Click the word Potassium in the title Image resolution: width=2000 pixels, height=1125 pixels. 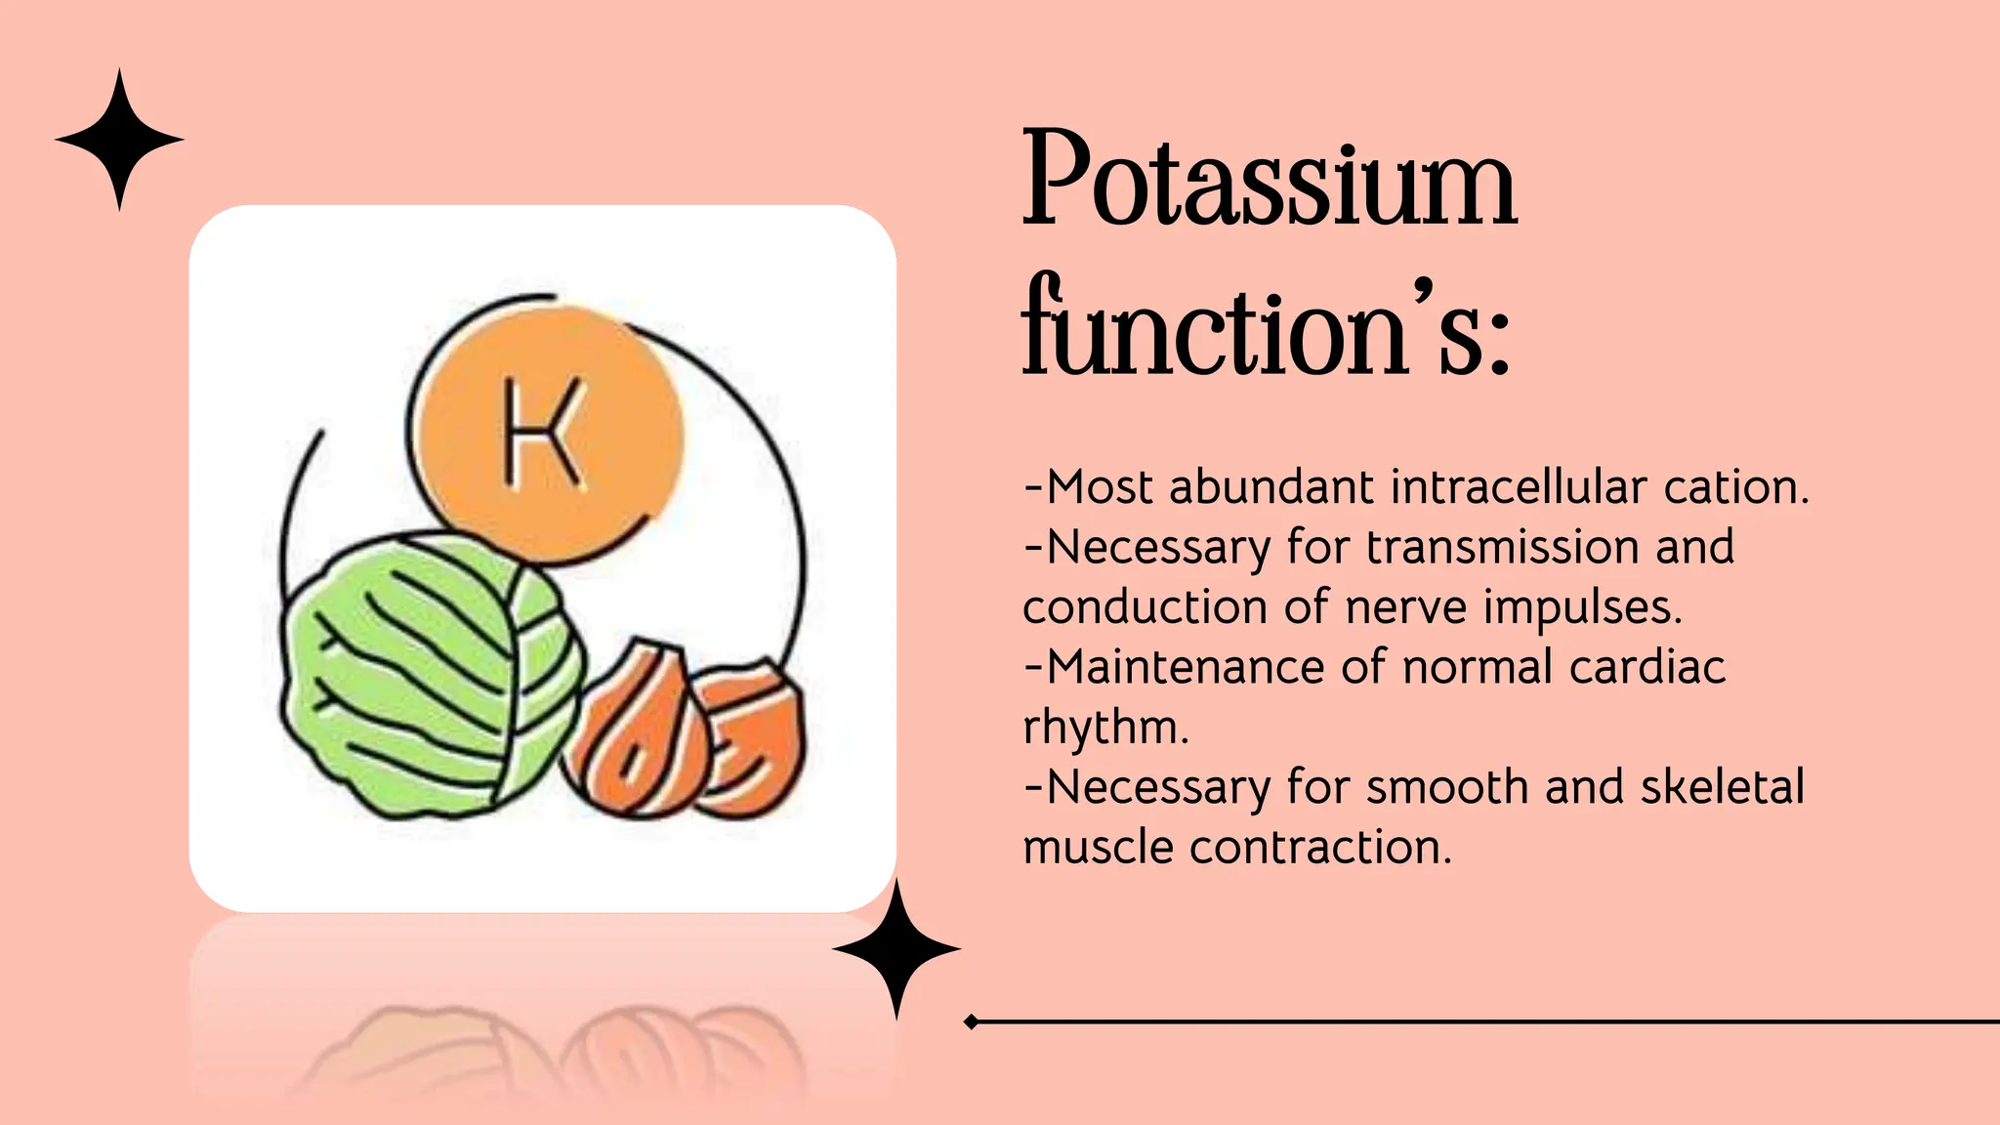[x=1270, y=181]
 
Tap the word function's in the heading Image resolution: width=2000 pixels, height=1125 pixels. [x=1266, y=327]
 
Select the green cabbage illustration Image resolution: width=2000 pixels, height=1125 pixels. [x=430, y=674]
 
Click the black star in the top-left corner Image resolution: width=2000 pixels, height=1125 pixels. [x=119, y=140]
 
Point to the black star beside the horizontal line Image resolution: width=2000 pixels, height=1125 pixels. [x=896, y=948]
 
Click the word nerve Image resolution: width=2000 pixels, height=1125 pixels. [x=1406, y=607]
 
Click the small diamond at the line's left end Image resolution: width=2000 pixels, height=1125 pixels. [x=971, y=1021]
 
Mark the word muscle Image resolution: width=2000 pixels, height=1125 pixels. [x=1098, y=847]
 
